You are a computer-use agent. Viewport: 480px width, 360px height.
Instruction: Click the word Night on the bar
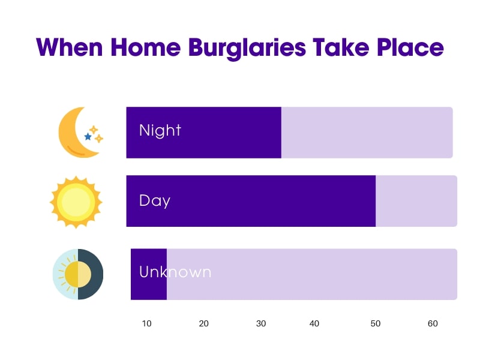160,130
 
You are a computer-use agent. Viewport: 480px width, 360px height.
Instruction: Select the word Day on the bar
154,200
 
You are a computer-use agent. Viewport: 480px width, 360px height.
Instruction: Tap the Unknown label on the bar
175,272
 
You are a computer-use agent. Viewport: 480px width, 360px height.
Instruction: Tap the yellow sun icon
76,202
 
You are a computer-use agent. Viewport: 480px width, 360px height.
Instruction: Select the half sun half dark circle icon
78,274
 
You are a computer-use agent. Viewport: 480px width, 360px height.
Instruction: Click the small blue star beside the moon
88,137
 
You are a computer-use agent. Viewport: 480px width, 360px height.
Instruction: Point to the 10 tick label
146,323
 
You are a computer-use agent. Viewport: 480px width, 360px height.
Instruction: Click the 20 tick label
203,323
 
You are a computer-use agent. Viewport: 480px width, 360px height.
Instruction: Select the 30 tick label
260,323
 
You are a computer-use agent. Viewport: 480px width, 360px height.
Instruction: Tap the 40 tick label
314,323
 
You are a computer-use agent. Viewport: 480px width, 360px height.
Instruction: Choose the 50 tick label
375,323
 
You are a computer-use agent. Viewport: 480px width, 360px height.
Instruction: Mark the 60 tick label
433,323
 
